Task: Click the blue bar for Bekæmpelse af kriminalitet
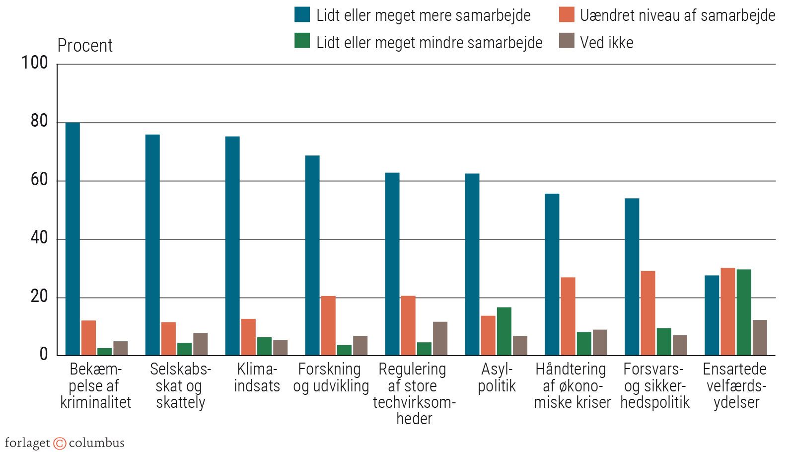(72, 238)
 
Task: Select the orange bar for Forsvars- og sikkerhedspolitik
(647, 313)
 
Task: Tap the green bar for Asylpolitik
(504, 331)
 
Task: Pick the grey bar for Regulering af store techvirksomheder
(440, 338)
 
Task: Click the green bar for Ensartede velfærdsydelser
(743, 312)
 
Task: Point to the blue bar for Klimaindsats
(232, 246)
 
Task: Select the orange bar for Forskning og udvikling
(328, 325)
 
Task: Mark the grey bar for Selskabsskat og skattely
(201, 344)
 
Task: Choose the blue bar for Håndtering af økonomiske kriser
(552, 274)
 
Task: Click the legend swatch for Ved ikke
(567, 41)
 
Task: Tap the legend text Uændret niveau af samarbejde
(677, 15)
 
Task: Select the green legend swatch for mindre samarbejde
(302, 41)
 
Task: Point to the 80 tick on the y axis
(39, 121)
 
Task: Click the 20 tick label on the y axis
(39, 297)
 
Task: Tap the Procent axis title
(85, 46)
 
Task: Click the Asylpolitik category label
(497, 377)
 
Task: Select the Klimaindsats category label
(257, 377)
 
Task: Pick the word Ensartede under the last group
(734, 369)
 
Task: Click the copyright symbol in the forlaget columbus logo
(60, 443)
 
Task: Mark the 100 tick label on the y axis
(35, 63)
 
